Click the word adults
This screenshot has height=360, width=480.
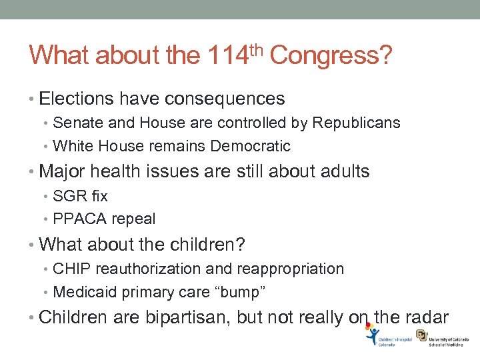click(343, 171)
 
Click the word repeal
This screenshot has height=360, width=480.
click(134, 219)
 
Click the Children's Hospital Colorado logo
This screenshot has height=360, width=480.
click(389, 338)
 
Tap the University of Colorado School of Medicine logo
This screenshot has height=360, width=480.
click(441, 338)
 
